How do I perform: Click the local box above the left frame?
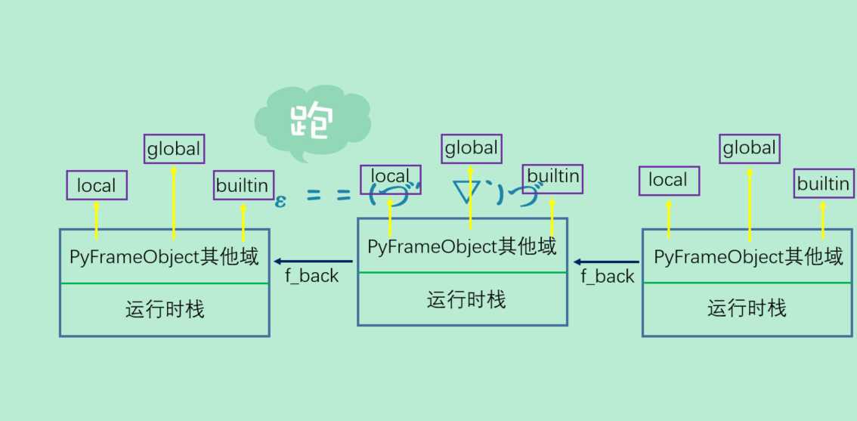click(x=97, y=185)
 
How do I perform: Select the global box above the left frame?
click(x=174, y=149)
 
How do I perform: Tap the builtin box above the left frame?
click(x=243, y=185)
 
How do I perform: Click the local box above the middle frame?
click(x=390, y=178)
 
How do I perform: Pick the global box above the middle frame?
click(x=472, y=148)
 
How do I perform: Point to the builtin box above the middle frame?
click(x=552, y=177)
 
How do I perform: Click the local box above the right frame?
click(x=669, y=181)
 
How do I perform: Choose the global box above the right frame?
click(x=750, y=148)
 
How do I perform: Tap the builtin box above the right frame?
click(x=823, y=184)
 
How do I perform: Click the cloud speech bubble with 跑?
click(x=312, y=122)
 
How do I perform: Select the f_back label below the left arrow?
click(x=312, y=276)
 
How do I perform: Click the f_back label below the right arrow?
click(x=608, y=277)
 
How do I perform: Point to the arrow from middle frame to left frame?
click(x=314, y=262)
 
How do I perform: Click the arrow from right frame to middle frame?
click(x=607, y=262)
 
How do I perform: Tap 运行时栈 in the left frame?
click(x=165, y=309)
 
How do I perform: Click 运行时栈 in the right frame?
click(x=747, y=308)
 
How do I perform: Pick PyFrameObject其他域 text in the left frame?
click(x=164, y=257)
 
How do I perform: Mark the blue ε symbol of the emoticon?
click(x=280, y=201)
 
